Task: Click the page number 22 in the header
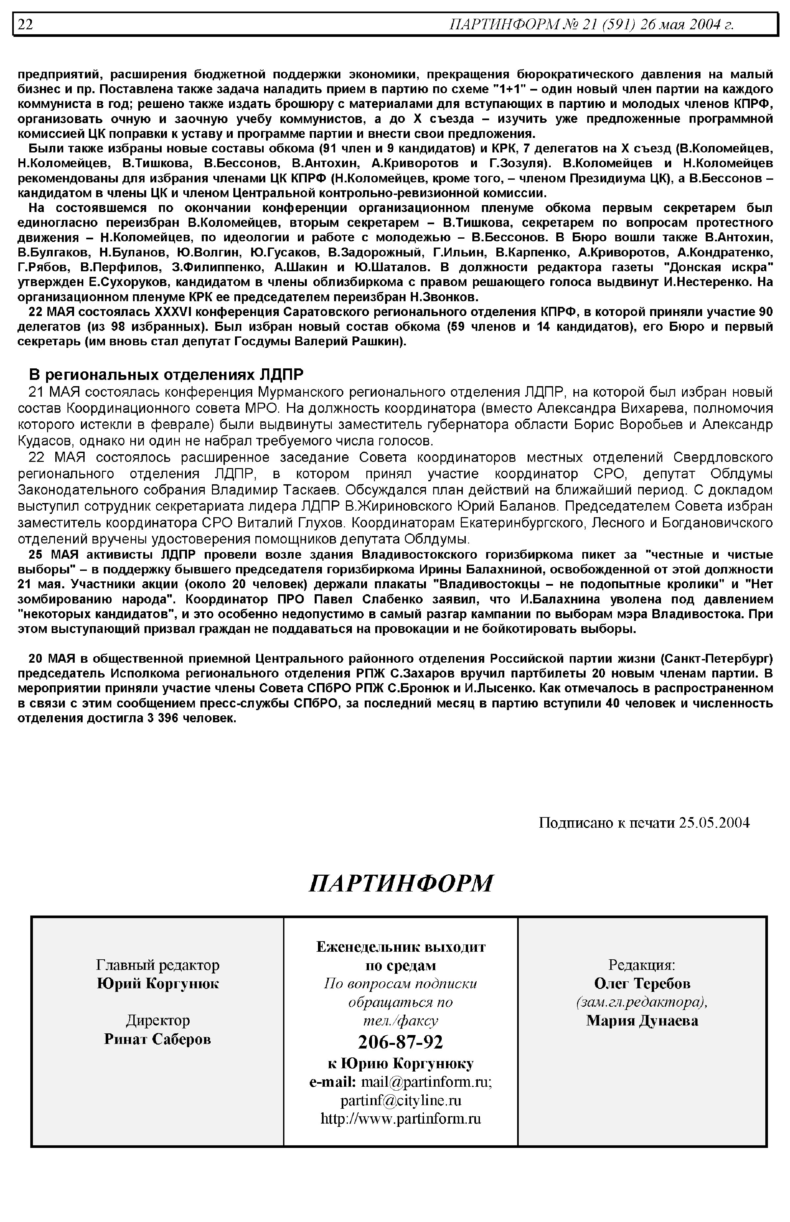26,25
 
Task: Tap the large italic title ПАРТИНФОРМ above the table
401,883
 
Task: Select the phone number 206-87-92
401,1042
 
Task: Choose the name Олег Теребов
642,983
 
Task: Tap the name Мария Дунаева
642,1021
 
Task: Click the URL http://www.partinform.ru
401,1118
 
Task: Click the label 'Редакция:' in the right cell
642,965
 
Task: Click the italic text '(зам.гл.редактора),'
642,1002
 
